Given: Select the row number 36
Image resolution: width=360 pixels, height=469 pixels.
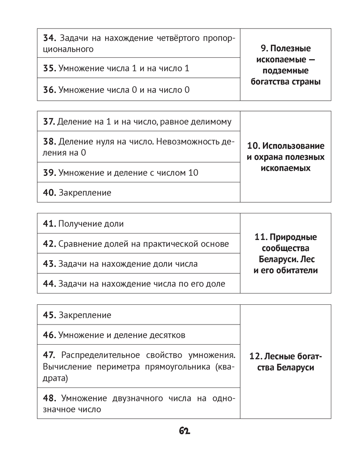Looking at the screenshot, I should pos(49,89).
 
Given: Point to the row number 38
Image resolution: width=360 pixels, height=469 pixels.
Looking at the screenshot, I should pos(49,142).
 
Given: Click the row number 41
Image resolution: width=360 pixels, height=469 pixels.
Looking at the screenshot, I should pos(49,224).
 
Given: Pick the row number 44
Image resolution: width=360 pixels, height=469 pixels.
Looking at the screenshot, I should pos(49,284).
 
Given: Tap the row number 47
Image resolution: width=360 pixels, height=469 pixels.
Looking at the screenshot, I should pos(49,355).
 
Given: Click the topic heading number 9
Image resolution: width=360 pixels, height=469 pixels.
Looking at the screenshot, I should pos(263,48).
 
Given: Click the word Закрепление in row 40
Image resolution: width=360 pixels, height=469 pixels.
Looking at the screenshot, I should pos(85,193).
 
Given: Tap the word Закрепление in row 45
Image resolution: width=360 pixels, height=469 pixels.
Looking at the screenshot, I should pos(85,315).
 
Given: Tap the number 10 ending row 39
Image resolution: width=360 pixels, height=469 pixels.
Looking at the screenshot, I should pos(193,173).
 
